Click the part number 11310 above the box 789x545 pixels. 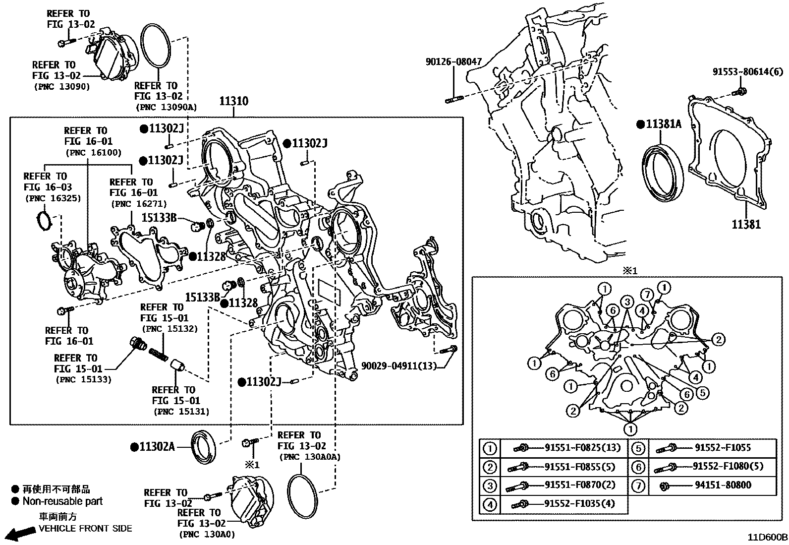tap(234, 102)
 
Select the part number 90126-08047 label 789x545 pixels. tap(453, 62)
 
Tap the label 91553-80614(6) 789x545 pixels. tap(748, 72)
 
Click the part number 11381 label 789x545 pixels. tap(746, 225)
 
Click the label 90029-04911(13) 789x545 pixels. tap(398, 366)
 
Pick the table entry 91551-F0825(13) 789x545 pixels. tap(583, 448)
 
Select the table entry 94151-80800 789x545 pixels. tap(723, 485)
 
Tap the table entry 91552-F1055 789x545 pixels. tap(723, 448)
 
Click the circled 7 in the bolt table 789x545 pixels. tap(638, 486)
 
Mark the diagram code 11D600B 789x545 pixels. tap(768, 537)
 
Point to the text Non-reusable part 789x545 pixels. tap(62, 501)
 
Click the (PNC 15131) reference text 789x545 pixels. tap(182, 412)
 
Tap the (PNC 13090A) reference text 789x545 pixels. tap(166, 107)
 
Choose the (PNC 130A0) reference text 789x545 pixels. tap(207, 535)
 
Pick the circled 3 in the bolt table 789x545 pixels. tap(490, 486)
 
